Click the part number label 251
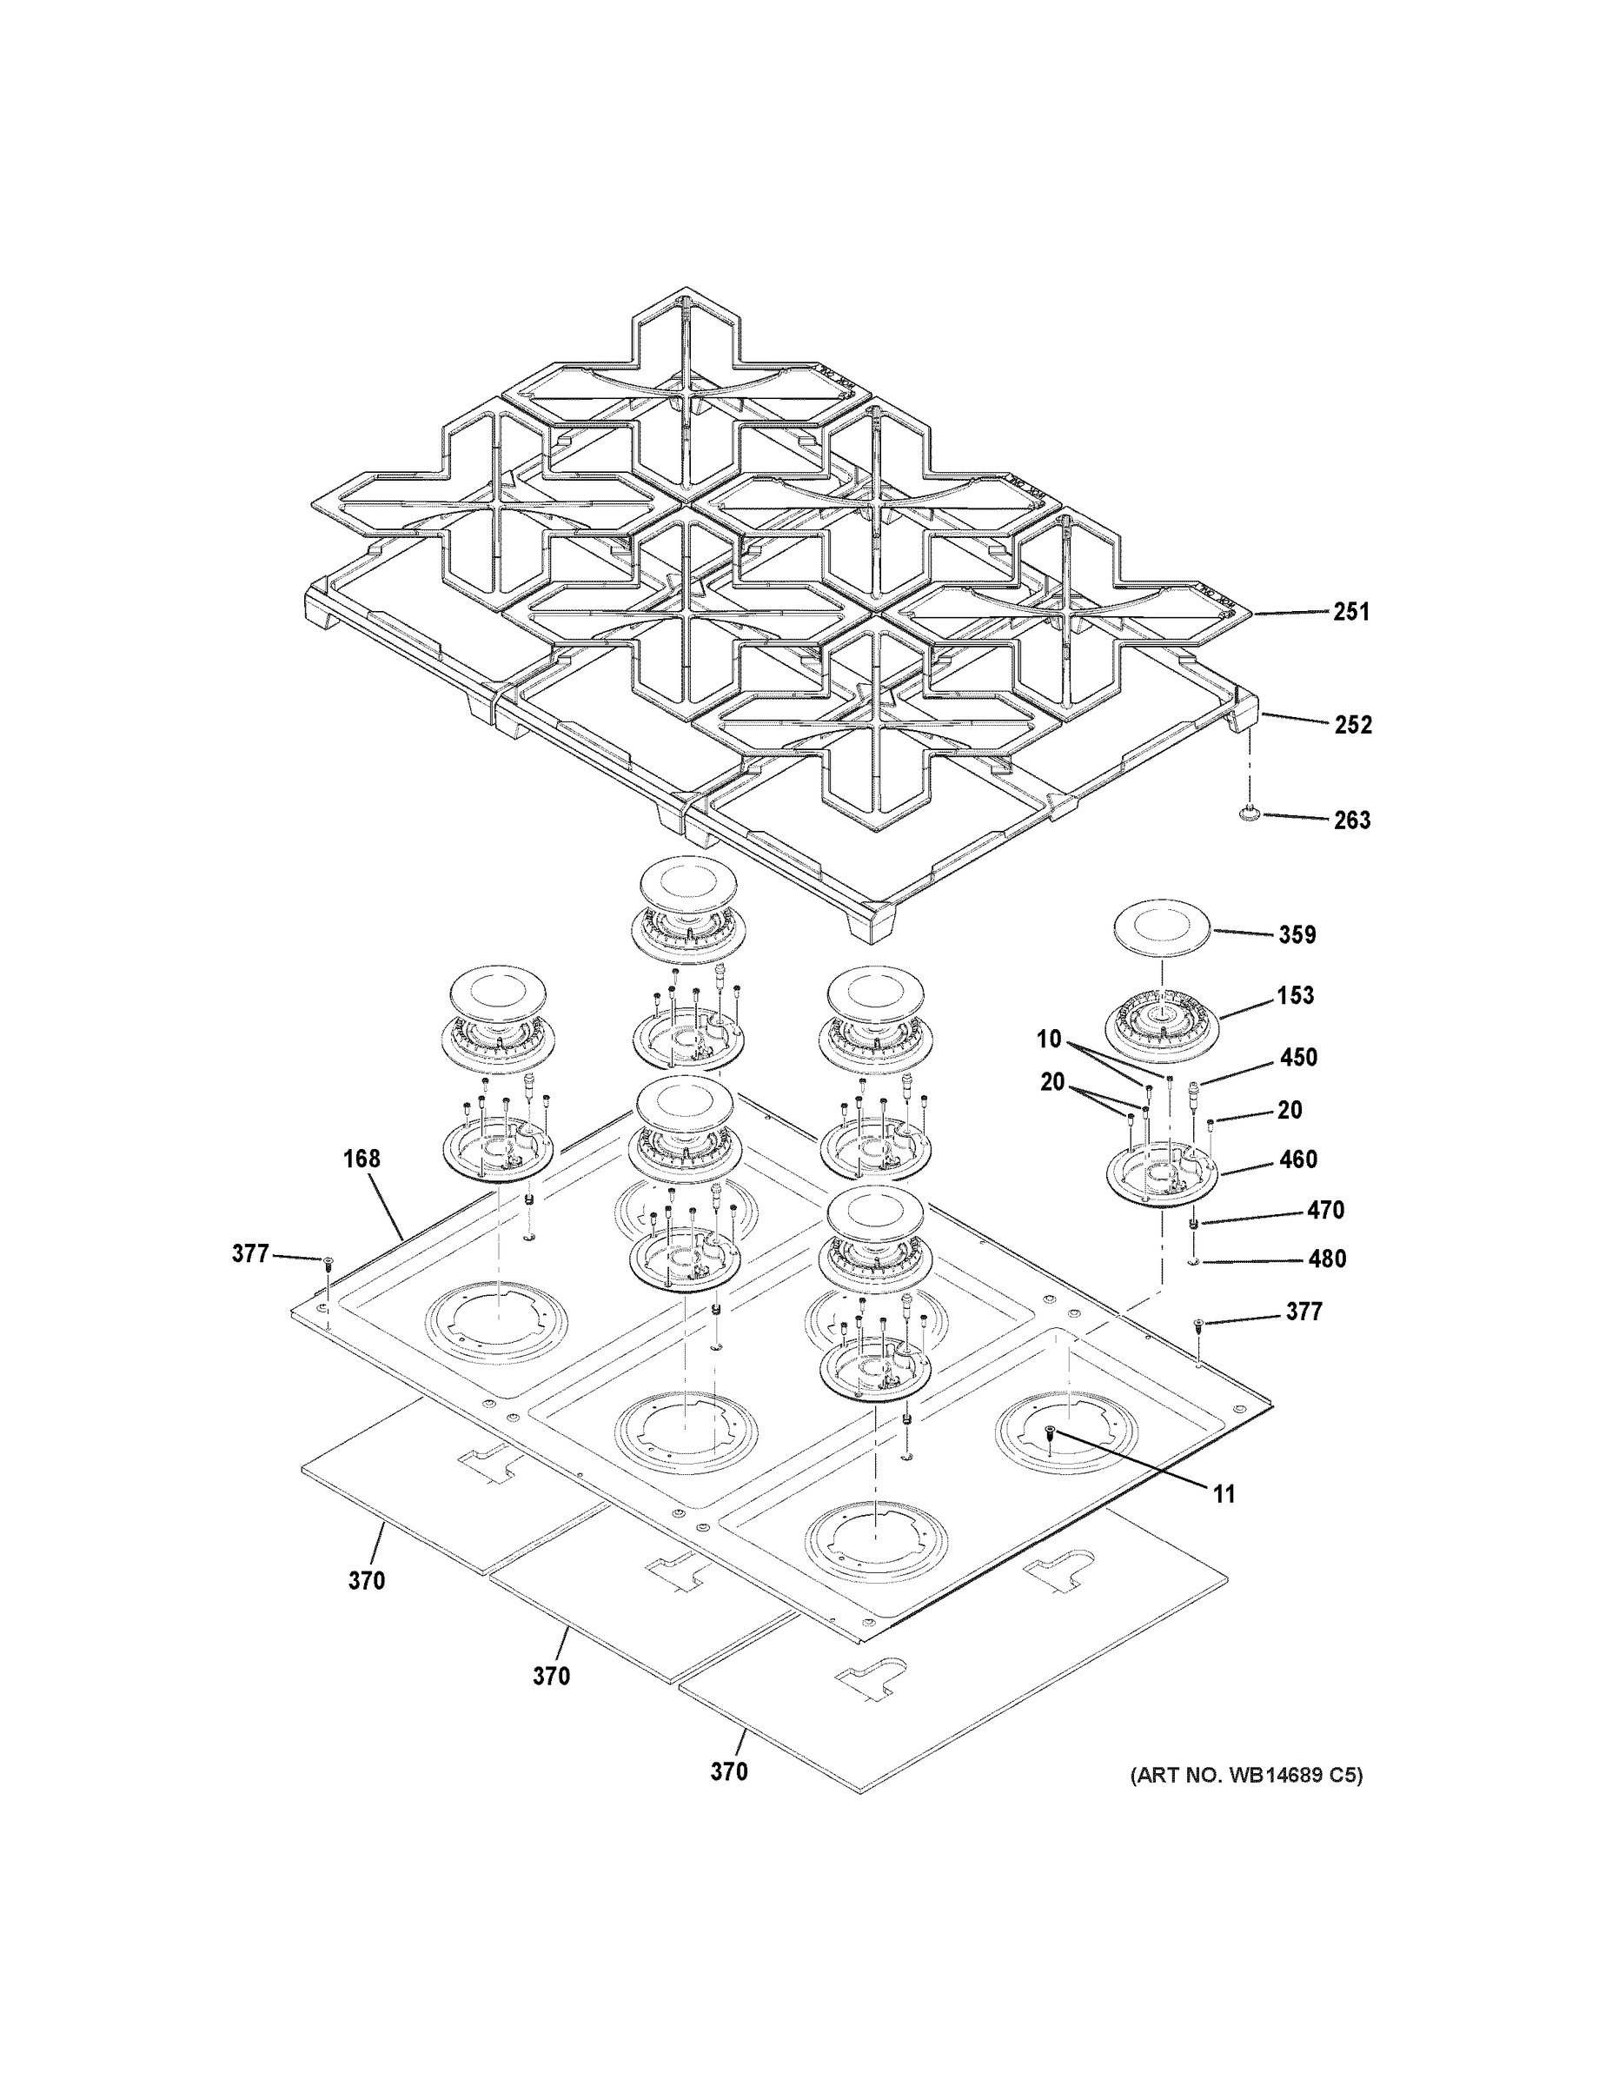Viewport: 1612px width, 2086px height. coord(1351,612)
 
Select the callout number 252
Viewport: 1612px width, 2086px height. coord(1352,725)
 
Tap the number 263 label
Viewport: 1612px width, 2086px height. coord(1351,820)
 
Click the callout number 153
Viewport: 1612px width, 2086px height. coord(1296,995)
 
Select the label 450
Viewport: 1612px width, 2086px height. coord(1299,1057)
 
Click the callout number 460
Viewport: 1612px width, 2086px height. coord(1297,1159)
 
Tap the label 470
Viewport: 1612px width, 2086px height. coord(1325,1210)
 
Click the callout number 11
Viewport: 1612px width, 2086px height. coord(1224,1494)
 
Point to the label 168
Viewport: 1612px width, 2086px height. coord(362,1159)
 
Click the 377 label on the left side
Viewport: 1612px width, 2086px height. coord(250,1253)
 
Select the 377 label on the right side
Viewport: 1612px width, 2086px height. coord(1304,1312)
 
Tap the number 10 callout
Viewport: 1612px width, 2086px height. coord(1049,1040)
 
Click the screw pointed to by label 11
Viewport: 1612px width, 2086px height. coord(1051,1458)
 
